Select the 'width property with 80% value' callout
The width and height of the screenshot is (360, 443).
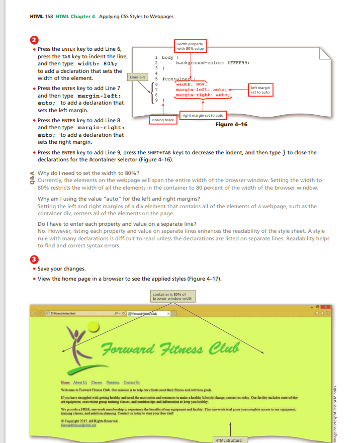click(190, 46)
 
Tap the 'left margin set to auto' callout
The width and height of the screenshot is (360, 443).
click(260, 90)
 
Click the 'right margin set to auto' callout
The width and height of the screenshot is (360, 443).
click(203, 116)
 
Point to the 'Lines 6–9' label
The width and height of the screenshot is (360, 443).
click(138, 77)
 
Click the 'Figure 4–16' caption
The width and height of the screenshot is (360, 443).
click(231, 124)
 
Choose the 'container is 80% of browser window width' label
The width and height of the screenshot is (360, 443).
click(172, 296)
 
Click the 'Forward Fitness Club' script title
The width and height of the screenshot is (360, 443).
click(170, 347)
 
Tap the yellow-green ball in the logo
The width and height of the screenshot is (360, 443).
click(94, 328)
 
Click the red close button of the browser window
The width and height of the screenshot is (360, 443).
click(326, 306)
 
